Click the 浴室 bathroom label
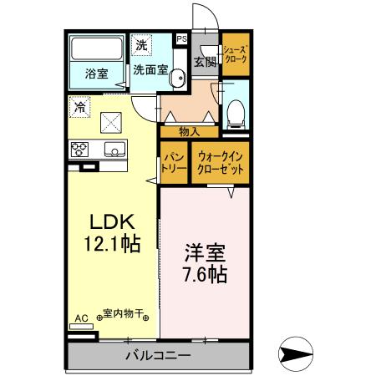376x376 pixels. [x=96, y=73]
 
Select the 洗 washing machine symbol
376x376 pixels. [x=141, y=43]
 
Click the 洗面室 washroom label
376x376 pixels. [x=151, y=71]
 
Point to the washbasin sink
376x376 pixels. [x=177, y=79]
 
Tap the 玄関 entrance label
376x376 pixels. [x=204, y=60]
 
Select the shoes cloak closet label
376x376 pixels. [x=234, y=54]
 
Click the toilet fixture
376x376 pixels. [x=236, y=111]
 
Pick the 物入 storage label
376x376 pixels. [x=189, y=131]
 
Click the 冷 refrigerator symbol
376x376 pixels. [x=79, y=107]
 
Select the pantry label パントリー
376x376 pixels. [x=174, y=162]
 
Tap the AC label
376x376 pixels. [x=81, y=318]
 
